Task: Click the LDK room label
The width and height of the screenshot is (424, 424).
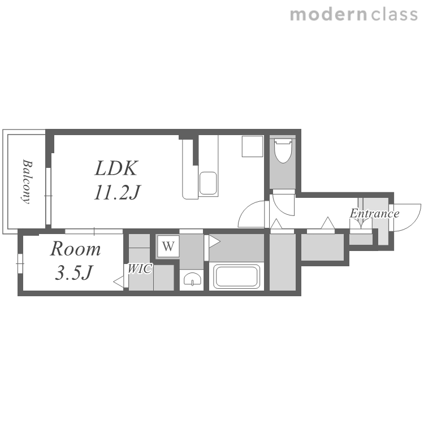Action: click(116, 168)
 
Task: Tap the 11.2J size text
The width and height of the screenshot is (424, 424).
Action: click(117, 192)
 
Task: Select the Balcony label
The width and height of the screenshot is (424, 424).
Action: click(27, 181)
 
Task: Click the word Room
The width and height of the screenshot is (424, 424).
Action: click(75, 249)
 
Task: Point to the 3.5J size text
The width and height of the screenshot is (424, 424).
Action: click(74, 272)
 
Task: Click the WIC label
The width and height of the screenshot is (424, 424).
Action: click(140, 269)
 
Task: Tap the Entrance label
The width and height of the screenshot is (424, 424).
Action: click(374, 213)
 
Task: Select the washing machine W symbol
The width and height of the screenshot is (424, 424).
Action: click(168, 246)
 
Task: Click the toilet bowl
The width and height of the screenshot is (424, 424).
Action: click(283, 150)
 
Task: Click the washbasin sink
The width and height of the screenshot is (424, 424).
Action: click(192, 279)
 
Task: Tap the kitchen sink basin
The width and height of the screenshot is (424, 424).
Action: click(208, 183)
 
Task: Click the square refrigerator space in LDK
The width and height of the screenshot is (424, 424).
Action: click(253, 146)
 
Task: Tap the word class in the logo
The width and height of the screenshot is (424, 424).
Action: click(394, 14)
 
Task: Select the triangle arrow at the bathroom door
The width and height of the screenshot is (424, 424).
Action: click(214, 241)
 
